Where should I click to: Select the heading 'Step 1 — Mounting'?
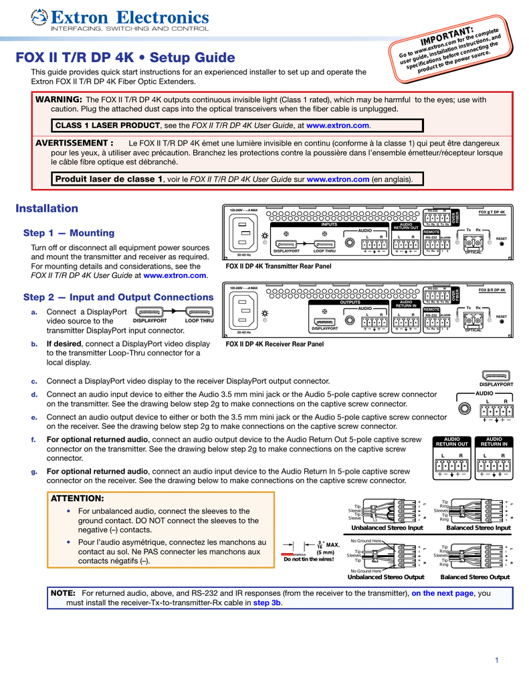[69, 233]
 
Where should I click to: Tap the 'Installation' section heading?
[47, 208]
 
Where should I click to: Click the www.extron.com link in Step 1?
[175, 275]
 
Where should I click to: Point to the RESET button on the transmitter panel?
[502, 244]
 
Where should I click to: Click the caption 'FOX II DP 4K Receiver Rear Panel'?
[274, 344]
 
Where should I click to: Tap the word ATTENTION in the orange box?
[78, 498]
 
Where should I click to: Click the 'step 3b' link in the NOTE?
[267, 603]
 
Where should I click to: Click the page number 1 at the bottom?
[498, 661]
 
